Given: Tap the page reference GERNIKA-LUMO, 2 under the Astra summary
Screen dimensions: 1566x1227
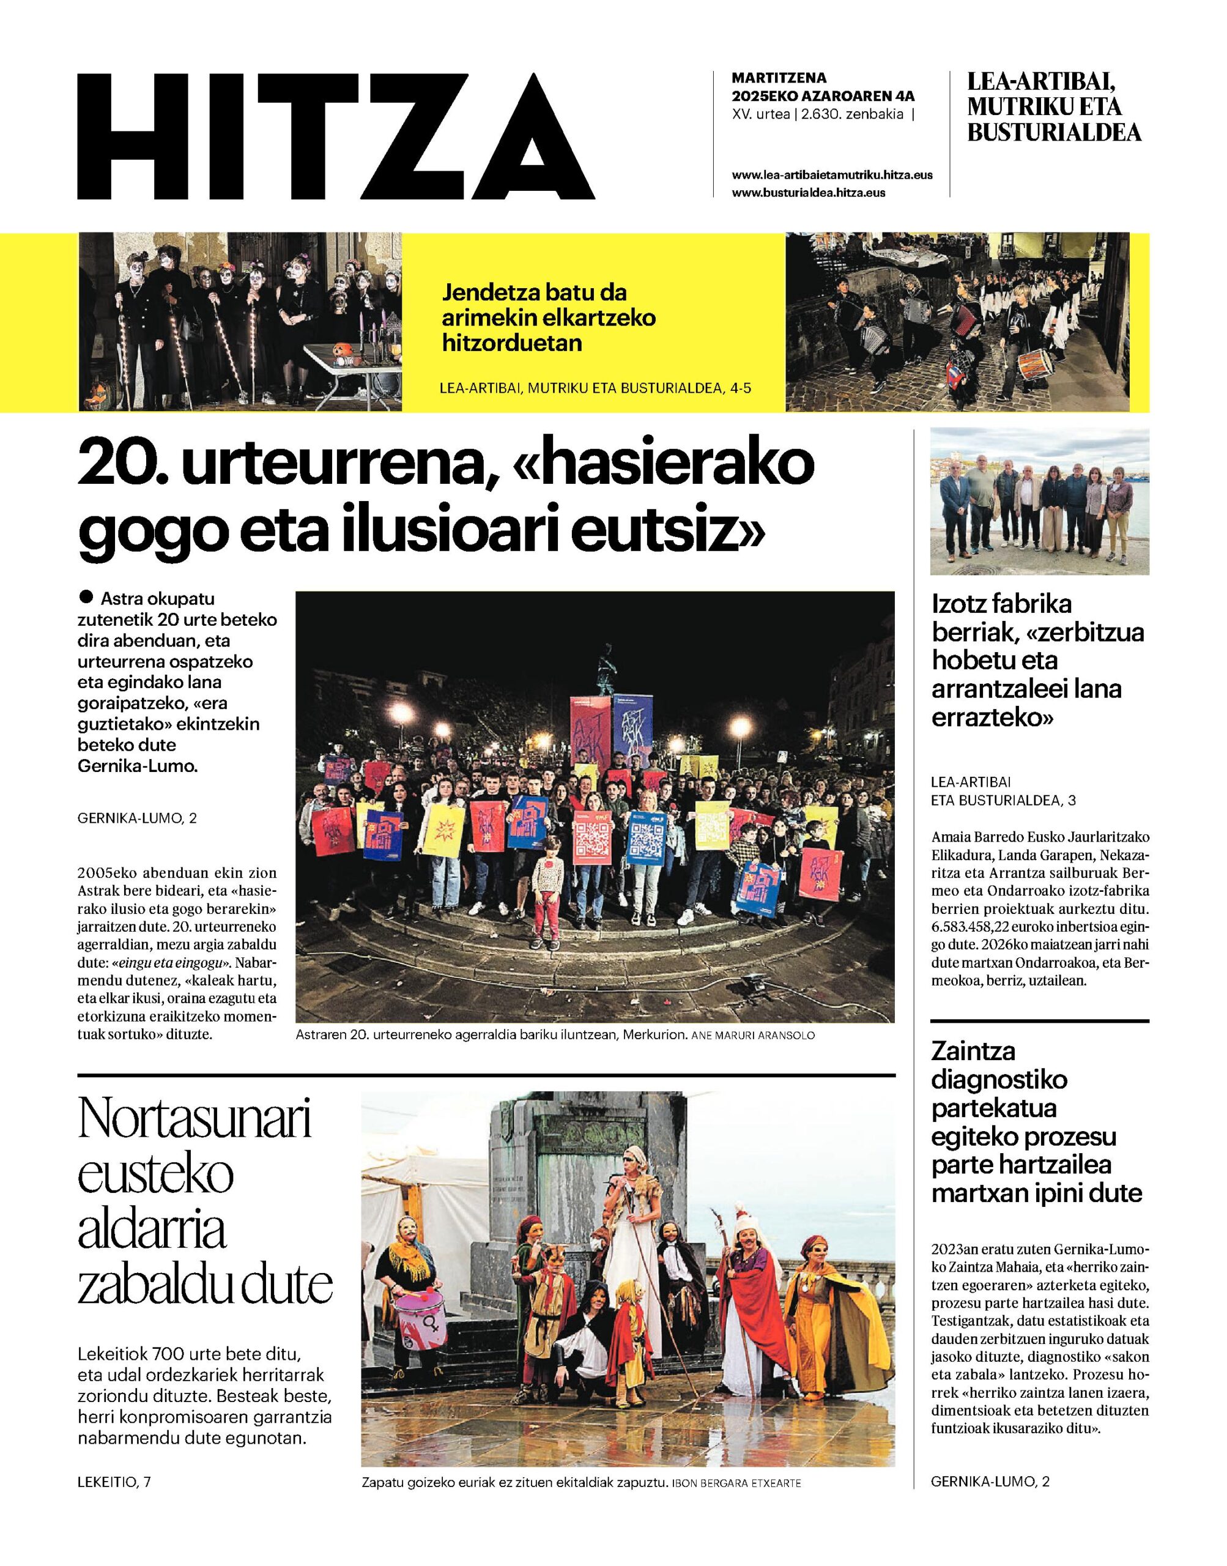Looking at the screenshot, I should tap(136, 818).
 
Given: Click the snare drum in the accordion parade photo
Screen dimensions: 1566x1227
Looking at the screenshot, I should tap(1034, 363).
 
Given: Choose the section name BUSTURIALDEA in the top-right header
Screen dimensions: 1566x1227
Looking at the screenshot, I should tap(1054, 133).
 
